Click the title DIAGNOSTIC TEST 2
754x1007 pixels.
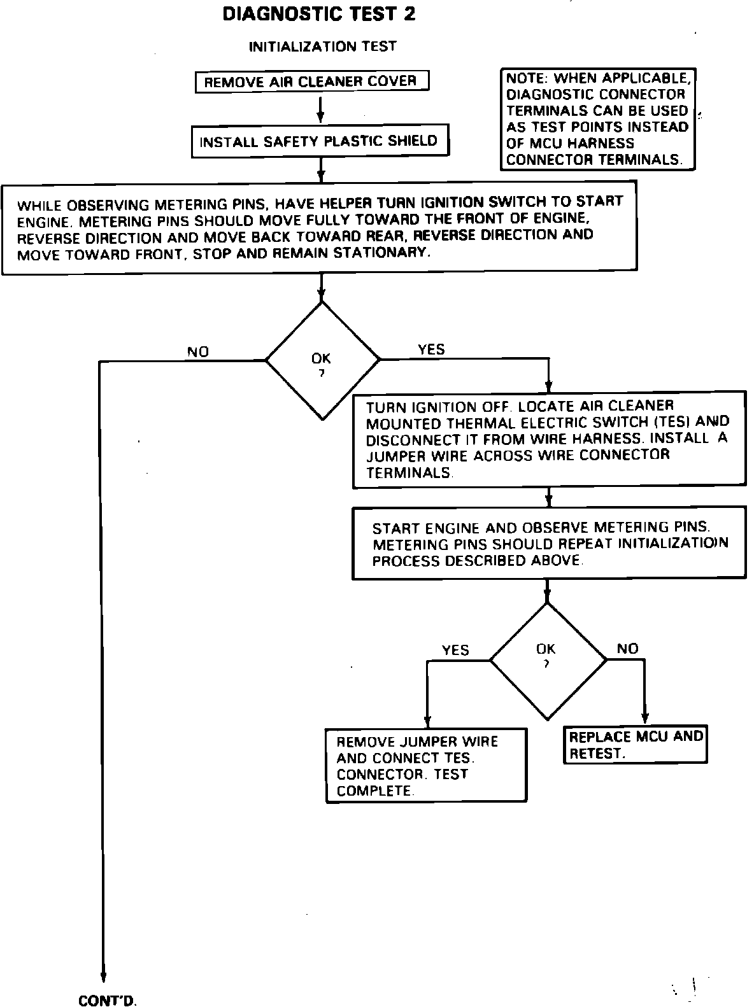(319, 14)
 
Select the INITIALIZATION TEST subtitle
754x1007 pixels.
(322, 46)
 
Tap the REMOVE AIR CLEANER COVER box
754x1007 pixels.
(311, 81)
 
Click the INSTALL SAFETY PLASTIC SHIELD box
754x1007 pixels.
(320, 141)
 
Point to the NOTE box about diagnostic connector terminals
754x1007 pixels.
(597, 119)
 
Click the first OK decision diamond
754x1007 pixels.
(322, 360)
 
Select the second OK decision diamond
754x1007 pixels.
(547, 661)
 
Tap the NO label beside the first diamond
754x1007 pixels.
(197, 351)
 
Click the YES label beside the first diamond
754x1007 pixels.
(431, 349)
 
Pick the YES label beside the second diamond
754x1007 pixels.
(455, 650)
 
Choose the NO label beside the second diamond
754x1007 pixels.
(627, 649)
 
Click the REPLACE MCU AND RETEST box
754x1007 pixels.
(636, 745)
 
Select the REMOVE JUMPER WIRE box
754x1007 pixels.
(425, 766)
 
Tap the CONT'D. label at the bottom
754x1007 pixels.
(108, 1001)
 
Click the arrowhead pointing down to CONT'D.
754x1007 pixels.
(102, 978)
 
